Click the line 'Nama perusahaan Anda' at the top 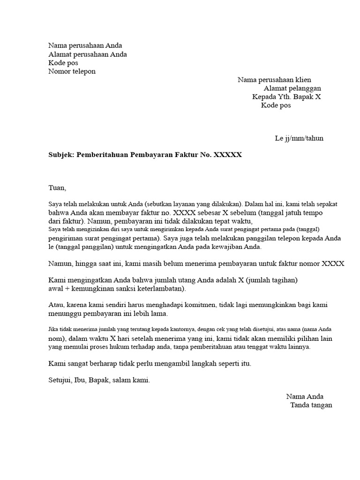[85, 45]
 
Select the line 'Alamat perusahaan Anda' [88, 54]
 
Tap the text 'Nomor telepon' [72, 71]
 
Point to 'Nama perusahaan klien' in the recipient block [274, 80]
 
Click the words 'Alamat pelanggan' [292, 88]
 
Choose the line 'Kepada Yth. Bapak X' [286, 97]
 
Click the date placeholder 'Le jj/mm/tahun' [299, 138]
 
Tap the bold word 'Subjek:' [61, 154]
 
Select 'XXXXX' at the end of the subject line [228, 154]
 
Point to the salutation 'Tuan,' [58, 187]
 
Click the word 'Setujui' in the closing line [59, 380]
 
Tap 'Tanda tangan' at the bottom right [311, 405]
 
